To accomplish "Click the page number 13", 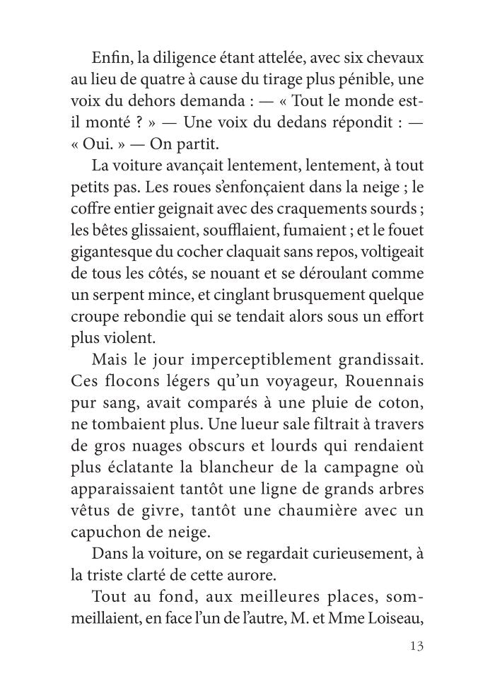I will (x=415, y=646).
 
